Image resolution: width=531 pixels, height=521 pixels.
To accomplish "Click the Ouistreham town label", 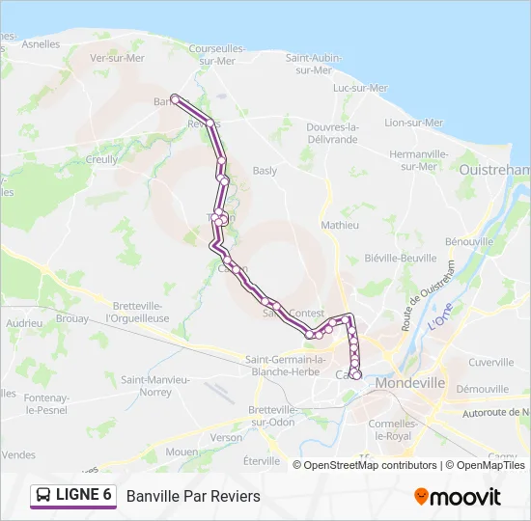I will (498, 170).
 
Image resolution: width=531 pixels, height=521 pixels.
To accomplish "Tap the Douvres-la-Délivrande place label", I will (331, 133).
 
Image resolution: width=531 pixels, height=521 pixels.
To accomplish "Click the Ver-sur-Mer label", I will (116, 58).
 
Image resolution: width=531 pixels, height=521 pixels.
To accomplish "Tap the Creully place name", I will (101, 160).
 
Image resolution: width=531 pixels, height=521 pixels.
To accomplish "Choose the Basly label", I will (265, 171).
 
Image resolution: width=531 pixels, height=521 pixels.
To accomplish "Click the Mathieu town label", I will (340, 225).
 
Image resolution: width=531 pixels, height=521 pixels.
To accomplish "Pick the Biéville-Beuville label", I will (402, 258).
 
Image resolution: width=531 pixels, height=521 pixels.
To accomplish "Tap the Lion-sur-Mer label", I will (414, 123).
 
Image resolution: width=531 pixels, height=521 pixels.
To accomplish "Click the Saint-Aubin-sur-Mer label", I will (314, 64).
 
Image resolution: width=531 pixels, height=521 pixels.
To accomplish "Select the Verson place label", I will (227, 437).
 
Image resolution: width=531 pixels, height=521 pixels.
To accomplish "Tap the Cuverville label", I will (490, 362).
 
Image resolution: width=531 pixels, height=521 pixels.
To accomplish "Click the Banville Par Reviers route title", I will (193, 496).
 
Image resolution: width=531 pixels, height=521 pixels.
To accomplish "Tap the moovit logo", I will (458, 497).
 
